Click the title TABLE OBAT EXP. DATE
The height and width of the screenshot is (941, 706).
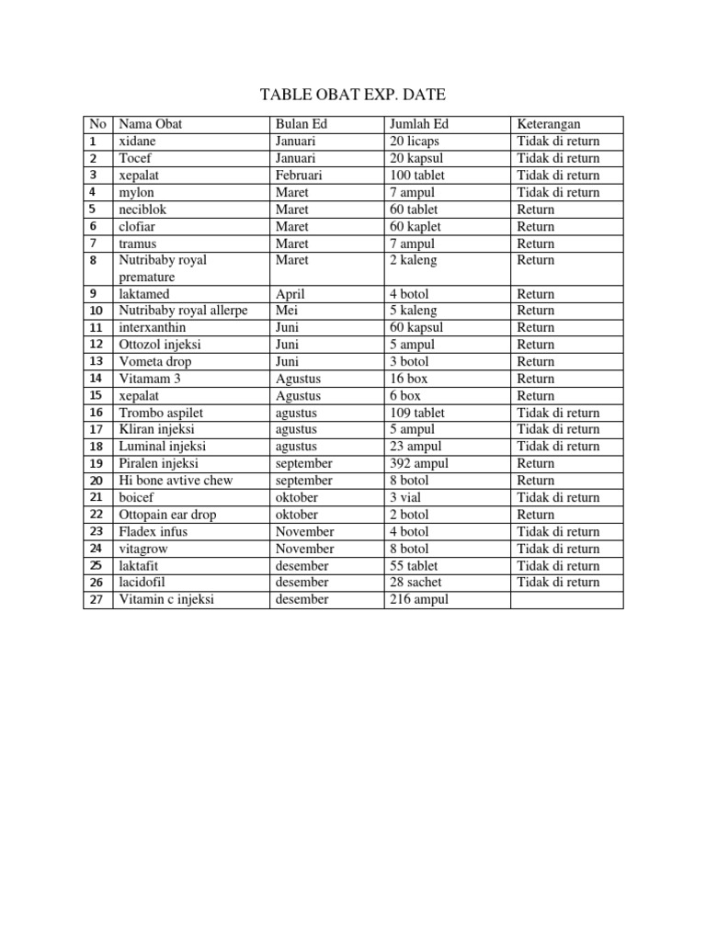click(x=353, y=95)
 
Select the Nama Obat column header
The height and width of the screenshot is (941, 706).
click(x=151, y=124)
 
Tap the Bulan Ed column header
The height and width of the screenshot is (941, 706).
click(x=301, y=124)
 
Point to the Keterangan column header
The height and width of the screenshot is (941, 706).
click(x=548, y=124)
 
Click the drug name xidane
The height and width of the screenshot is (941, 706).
click(x=137, y=142)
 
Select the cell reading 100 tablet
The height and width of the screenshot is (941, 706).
click(x=417, y=176)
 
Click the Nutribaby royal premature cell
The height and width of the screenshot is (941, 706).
click(x=163, y=268)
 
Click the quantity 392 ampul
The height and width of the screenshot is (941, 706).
click(x=419, y=463)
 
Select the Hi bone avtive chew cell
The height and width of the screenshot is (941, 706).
click(x=176, y=481)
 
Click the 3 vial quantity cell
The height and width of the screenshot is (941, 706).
click(x=405, y=497)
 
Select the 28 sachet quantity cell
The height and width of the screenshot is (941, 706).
click(x=416, y=583)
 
